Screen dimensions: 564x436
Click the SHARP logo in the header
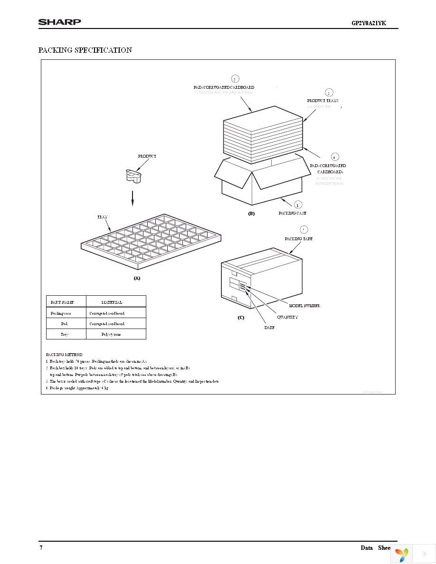tap(59, 21)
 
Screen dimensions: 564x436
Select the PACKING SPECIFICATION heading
tap(85, 50)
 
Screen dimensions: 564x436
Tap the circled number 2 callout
tap(235, 79)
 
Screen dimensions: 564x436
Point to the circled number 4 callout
tap(335, 157)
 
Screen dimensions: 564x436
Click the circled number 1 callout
tap(298, 205)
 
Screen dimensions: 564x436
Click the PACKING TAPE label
tap(299, 238)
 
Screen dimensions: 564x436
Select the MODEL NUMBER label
tap(304, 306)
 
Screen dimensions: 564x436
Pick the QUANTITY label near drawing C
tap(287, 317)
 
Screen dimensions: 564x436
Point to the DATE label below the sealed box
tap(269, 328)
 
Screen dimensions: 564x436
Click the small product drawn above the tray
tap(133, 176)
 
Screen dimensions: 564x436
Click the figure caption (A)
tap(137, 278)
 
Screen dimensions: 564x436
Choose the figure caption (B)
tap(251, 214)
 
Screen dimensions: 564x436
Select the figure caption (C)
tap(241, 317)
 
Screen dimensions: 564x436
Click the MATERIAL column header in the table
tap(112, 302)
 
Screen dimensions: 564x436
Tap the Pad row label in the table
tap(64, 323)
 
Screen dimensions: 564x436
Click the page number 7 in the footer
tap(40, 547)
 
